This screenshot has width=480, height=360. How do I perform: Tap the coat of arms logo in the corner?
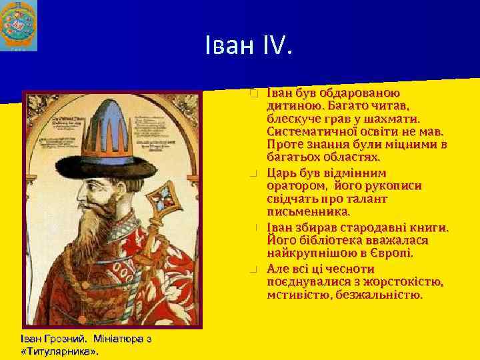[x=19, y=26]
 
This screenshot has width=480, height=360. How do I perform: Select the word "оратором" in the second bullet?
[x=294, y=185]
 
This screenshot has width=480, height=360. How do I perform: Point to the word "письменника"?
[x=308, y=213]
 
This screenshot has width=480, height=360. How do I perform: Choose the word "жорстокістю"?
[x=403, y=281]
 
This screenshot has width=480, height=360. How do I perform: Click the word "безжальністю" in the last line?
[x=379, y=295]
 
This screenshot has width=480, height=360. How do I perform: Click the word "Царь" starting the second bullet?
[x=282, y=172]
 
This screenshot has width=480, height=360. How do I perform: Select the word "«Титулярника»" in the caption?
[x=59, y=351]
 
